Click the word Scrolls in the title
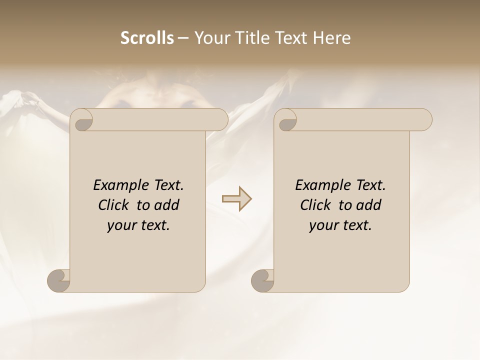tap(147, 38)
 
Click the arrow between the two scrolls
tap(236, 199)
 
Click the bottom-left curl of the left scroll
tap(59, 280)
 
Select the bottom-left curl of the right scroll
tap(263, 280)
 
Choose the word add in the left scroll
tap(167, 205)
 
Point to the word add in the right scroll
tap(369, 205)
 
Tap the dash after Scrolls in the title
tap(183, 38)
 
